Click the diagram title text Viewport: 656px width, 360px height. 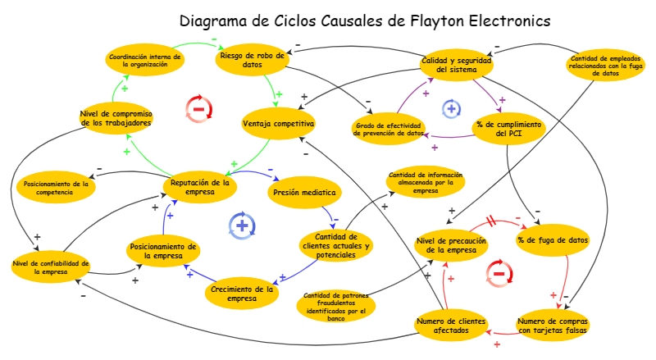(x=365, y=21)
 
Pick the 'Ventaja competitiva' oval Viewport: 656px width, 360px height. (x=279, y=124)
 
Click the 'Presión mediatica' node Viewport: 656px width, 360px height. (x=303, y=194)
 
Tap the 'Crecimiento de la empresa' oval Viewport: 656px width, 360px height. (x=242, y=294)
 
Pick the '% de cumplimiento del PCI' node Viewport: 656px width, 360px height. (x=509, y=130)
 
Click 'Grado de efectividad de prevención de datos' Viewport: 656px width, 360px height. (x=389, y=129)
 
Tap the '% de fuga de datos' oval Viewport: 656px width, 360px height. (x=553, y=241)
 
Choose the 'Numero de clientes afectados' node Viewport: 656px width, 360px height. (x=451, y=326)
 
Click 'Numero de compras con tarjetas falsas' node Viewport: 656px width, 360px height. (x=553, y=326)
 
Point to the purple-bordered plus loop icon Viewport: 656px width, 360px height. (x=451, y=108)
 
